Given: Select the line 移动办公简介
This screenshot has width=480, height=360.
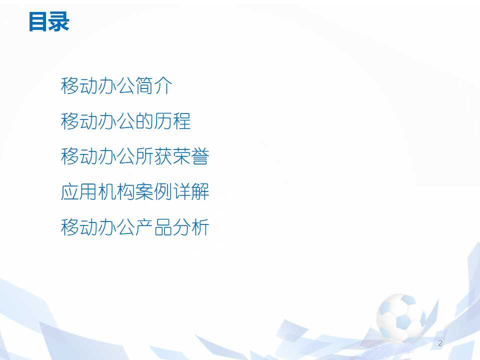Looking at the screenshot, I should coord(116,86).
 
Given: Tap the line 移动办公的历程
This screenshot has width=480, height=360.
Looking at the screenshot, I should coord(125,121).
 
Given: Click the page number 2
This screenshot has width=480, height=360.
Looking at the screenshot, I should coord(440,343).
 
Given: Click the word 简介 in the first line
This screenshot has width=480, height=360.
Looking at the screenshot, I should coord(154,86).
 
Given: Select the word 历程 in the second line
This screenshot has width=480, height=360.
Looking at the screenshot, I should coord(172,121).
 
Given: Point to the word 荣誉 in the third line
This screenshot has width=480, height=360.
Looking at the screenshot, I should coord(191,157).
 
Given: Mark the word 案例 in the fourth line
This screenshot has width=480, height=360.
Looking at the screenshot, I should coord(154,192).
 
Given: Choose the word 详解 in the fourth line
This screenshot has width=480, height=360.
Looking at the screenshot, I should coord(191,192).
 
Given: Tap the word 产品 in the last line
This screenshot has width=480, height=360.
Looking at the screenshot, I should coord(154,228).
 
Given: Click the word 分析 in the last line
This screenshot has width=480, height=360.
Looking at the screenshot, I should coord(191,228).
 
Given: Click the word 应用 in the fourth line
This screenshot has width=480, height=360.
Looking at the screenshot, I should coord(79,192).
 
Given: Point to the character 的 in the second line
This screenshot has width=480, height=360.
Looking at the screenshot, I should coord(144,121).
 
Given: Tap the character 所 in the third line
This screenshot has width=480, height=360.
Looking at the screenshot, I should coord(144,157).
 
